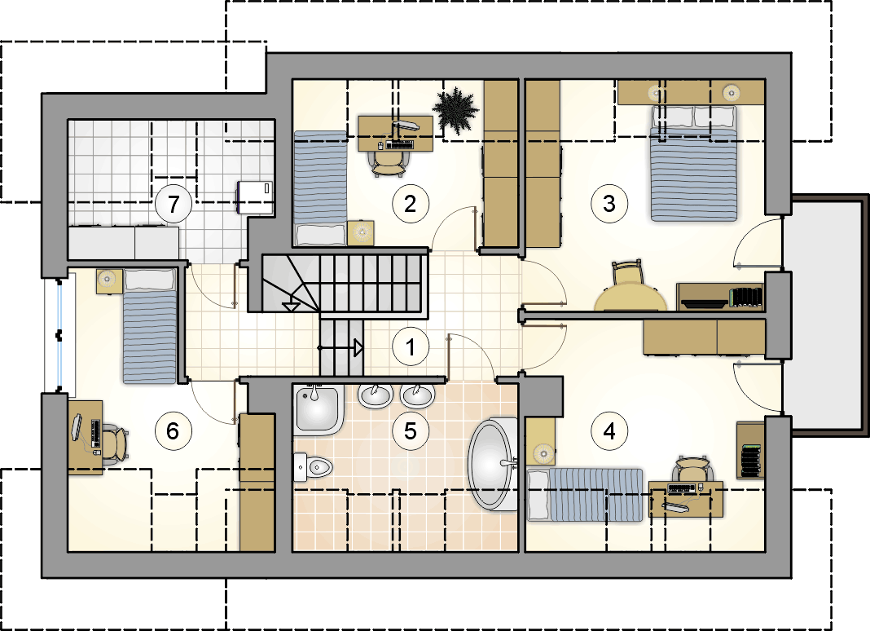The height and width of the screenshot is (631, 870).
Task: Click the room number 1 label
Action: tap(411, 347)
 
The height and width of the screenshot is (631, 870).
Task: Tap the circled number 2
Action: tap(411, 204)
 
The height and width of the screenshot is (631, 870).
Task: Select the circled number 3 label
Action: tap(609, 204)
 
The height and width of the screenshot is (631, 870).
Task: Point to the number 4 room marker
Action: tap(609, 431)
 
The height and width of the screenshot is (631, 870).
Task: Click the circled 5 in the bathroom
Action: tap(411, 431)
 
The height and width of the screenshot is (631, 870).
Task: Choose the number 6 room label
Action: tap(174, 431)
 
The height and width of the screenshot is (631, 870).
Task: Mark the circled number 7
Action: tap(174, 204)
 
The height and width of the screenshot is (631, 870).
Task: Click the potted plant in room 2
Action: tap(455, 111)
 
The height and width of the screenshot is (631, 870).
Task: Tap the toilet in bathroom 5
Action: tap(312, 467)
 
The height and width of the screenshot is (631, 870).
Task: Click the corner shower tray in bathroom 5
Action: tap(317, 410)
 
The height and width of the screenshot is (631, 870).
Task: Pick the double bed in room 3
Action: tap(693, 163)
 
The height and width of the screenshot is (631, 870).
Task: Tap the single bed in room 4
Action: tap(585, 494)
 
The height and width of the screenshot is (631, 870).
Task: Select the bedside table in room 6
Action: tap(109, 281)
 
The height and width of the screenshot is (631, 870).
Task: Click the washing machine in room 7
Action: tap(255, 197)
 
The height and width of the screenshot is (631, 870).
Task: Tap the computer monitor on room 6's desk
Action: tap(77, 428)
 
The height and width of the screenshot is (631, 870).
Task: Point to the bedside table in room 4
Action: tap(540, 442)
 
